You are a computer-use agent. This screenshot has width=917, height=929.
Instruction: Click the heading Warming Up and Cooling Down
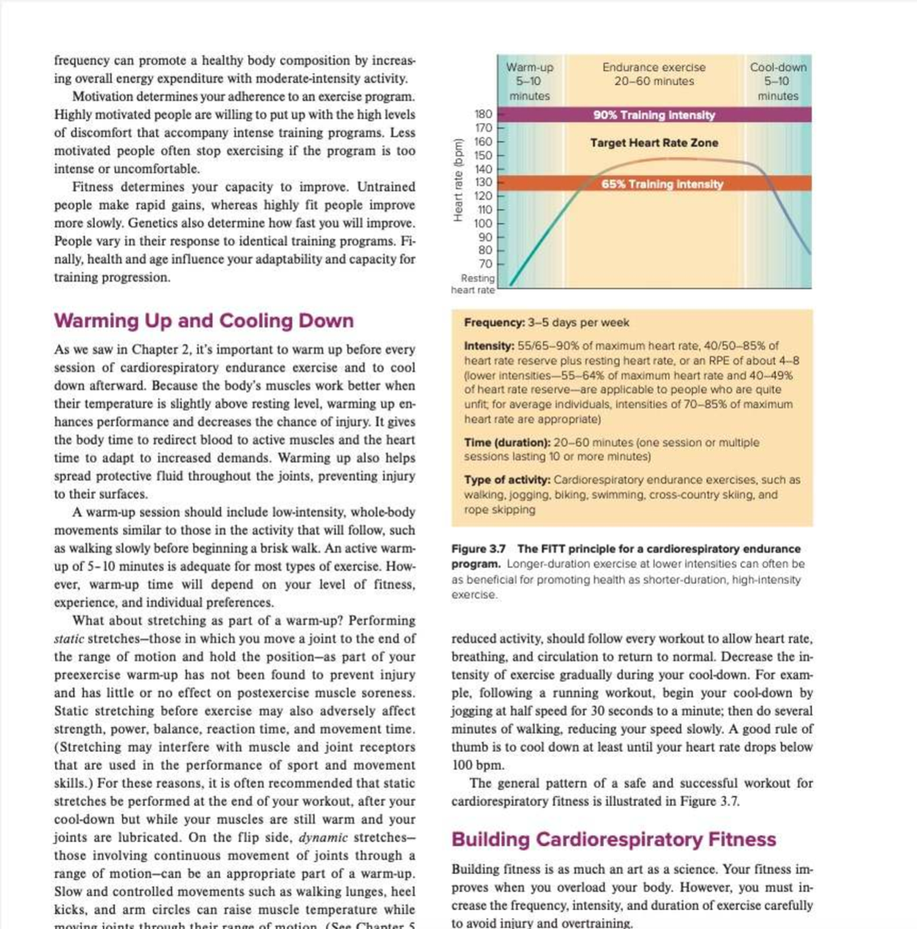tap(203, 321)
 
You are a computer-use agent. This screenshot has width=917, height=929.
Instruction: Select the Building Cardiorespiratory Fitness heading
tap(614, 840)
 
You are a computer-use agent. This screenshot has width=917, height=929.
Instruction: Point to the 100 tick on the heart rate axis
tap(484, 223)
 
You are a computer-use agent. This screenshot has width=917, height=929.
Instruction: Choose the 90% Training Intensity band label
tap(654, 115)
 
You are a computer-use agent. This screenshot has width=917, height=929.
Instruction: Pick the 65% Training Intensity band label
tap(662, 184)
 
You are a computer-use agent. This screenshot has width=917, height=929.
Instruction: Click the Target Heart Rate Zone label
tap(654, 143)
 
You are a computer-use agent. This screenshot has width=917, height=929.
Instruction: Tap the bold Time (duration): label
tap(507, 443)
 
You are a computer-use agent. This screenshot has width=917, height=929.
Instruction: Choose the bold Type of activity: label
tap(507, 480)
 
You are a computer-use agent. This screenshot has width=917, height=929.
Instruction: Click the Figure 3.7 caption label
tap(479, 549)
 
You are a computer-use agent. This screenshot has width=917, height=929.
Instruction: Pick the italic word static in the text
tap(69, 639)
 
